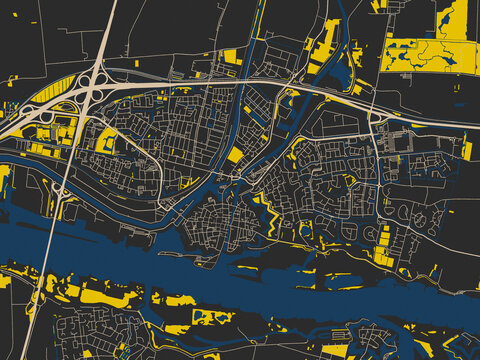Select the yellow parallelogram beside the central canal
click(x=236, y=154)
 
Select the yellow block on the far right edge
click(x=467, y=151)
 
